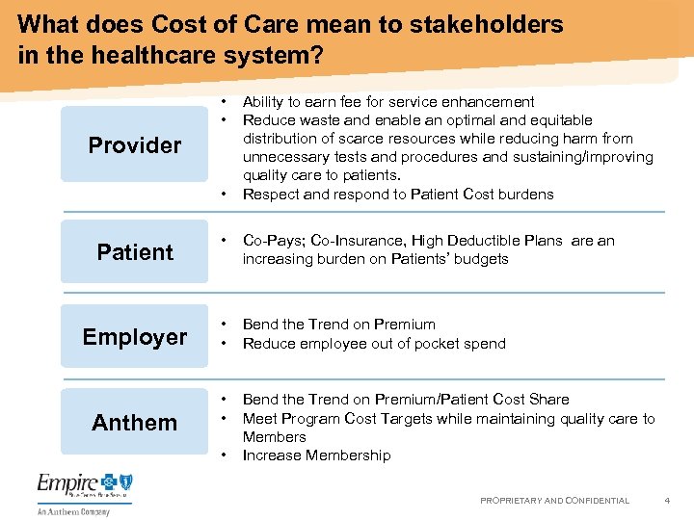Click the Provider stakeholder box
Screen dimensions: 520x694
[x=134, y=144]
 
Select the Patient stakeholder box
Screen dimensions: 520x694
[x=134, y=252]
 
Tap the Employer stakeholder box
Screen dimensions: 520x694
[x=134, y=336]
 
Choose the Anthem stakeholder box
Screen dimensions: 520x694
[x=134, y=422]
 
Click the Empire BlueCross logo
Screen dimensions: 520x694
[x=85, y=486]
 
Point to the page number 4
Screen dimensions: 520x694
[x=666, y=500]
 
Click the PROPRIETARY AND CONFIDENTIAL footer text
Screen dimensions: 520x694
[x=554, y=501]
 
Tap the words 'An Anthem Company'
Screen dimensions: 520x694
[x=74, y=512]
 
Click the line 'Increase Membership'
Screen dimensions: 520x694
[x=316, y=455]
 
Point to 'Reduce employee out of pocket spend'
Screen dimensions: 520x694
[x=374, y=344]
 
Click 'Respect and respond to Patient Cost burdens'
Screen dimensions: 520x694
[x=398, y=195]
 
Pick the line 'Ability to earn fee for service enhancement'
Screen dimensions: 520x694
[x=388, y=102]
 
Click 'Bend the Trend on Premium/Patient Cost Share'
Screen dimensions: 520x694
[x=406, y=400]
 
